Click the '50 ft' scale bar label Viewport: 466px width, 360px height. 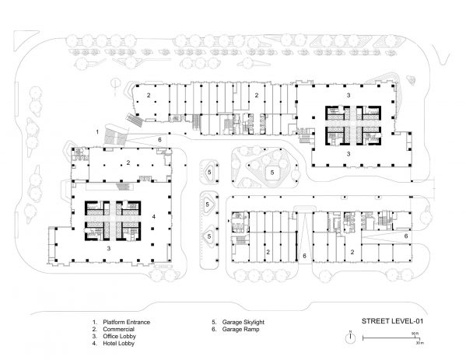(x=416, y=333)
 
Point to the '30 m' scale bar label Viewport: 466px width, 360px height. (x=416, y=342)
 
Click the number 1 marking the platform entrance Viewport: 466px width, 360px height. (x=96, y=132)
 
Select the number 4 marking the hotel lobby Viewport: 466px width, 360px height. (x=155, y=215)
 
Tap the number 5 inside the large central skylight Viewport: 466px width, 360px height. (x=272, y=171)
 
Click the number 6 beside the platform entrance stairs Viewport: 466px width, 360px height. (x=159, y=139)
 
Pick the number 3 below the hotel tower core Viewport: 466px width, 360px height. (x=108, y=247)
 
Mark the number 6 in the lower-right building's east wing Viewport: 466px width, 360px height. (x=406, y=235)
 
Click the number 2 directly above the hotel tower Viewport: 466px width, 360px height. (x=128, y=163)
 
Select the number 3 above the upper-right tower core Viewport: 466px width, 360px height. (x=349, y=95)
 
